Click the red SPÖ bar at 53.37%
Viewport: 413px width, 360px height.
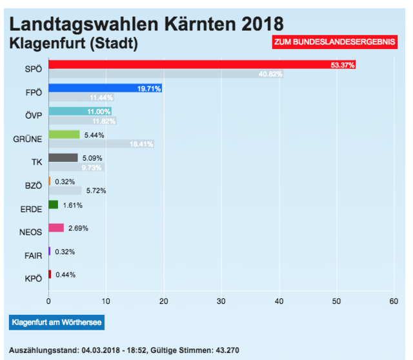(x=201, y=65)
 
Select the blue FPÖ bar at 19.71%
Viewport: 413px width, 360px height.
(x=105, y=88)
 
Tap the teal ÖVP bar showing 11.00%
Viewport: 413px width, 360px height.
(x=79, y=112)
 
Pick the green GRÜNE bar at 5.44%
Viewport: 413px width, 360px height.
(x=64, y=135)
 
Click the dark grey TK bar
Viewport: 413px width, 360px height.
(x=63, y=158)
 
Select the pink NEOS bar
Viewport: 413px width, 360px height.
(x=56, y=228)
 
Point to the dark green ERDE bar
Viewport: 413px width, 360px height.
(x=53, y=205)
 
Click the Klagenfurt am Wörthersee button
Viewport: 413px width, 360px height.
(x=56, y=321)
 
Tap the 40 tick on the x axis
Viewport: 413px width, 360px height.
(x=279, y=301)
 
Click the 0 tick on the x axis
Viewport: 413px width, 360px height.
(x=48, y=301)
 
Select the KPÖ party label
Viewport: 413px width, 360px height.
(x=33, y=279)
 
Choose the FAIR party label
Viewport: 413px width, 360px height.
(x=33, y=255)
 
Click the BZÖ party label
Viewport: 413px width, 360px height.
(x=33, y=186)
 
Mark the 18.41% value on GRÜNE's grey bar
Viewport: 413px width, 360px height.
(x=141, y=144)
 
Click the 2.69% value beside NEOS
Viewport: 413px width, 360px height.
(x=78, y=228)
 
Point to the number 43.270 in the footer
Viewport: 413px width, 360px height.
(x=225, y=350)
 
